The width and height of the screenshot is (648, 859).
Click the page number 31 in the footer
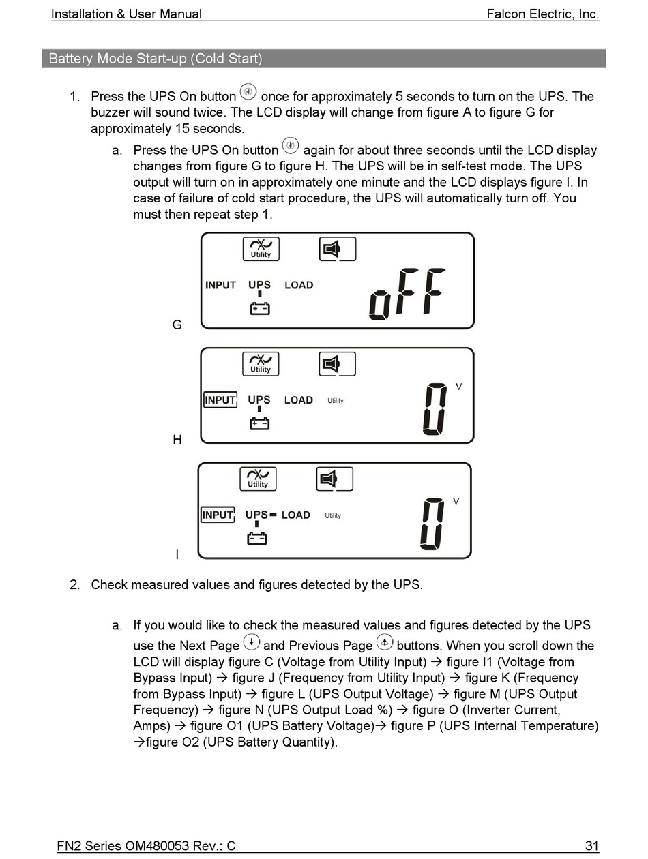591,846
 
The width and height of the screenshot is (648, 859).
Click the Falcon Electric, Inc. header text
542,14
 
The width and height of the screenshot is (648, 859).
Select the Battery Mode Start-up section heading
156,59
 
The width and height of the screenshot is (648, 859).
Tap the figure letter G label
177,325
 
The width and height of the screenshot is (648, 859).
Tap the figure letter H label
177,440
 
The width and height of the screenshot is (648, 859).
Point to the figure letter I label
177,555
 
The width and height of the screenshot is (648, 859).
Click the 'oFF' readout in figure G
407,294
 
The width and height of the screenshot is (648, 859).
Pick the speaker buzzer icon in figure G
338,250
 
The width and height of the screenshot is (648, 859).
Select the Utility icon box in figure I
258,479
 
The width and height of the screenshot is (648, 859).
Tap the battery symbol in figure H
260,423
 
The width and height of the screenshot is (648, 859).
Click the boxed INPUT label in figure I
218,515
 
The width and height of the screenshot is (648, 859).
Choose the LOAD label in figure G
299,285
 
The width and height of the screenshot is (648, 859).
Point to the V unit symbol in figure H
458,387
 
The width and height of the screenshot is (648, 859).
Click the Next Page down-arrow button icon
252,642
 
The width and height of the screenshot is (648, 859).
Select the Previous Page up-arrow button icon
385,642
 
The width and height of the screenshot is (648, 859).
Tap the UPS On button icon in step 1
248,92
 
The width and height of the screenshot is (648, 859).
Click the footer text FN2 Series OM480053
146,846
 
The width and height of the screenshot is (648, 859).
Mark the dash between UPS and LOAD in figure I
273,515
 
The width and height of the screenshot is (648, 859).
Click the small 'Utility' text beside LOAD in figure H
336,401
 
